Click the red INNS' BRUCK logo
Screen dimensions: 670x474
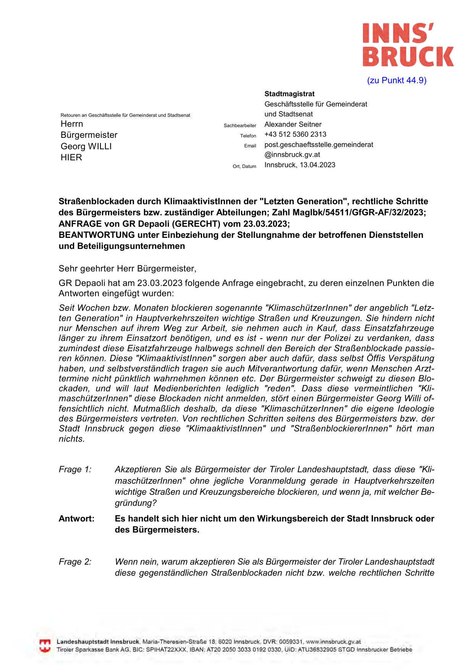pos(408,45)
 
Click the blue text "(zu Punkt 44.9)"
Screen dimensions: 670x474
pos(396,81)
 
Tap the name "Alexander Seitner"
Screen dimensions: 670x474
pos(293,124)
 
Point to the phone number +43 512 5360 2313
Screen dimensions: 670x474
pos(295,134)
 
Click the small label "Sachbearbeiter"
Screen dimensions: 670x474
pos(240,126)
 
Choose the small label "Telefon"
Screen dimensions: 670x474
pos(248,136)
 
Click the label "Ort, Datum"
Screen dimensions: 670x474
pos(244,166)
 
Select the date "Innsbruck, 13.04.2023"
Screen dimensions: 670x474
pos(300,165)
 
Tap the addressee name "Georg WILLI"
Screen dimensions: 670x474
pos(86,147)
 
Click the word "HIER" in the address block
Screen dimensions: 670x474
pos(71,158)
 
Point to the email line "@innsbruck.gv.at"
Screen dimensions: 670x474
pos(292,155)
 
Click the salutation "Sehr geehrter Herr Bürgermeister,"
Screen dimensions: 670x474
pos(128,269)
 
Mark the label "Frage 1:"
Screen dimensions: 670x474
pos(75,470)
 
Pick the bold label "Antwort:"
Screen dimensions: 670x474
pos(76,519)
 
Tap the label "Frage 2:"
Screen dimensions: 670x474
pos(75,562)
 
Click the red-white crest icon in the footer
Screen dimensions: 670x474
pos(45,646)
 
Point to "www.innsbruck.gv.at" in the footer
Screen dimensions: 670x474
pos(333,642)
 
